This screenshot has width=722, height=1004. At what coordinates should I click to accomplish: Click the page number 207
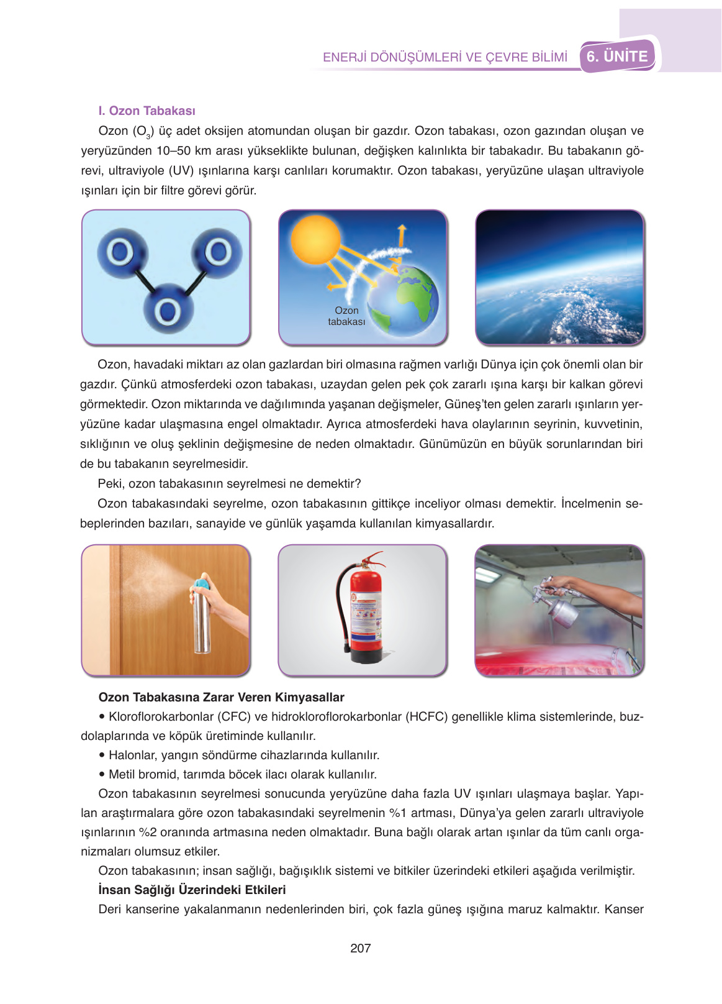point(360,948)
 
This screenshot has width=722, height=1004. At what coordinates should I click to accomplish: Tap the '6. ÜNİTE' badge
point(617,57)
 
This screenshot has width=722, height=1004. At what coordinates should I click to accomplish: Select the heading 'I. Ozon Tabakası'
point(147,111)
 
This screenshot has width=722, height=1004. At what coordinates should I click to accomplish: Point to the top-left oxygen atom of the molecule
point(120,252)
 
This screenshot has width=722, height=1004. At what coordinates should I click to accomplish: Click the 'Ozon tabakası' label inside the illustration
point(346,316)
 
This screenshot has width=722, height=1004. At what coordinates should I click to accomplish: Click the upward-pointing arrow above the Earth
point(402,235)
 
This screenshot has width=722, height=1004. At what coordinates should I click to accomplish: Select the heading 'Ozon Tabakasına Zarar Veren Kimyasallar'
point(221,697)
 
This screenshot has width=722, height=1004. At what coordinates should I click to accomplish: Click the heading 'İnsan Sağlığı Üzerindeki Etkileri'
point(192,890)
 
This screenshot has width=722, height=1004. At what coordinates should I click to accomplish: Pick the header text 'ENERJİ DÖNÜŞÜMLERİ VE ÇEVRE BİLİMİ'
point(445,57)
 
